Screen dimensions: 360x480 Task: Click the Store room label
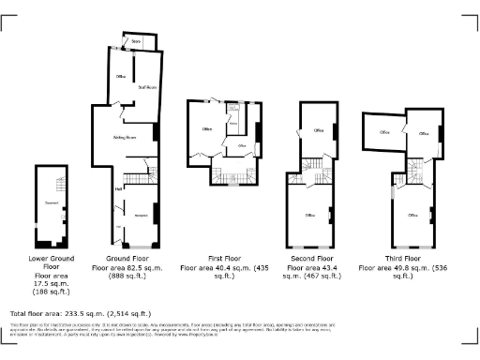click(x=135, y=41)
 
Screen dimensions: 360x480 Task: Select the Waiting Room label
click(x=126, y=138)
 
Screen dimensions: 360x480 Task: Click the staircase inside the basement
click(x=55, y=184)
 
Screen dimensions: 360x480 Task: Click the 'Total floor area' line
click(x=81, y=312)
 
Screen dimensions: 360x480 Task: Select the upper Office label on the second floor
click(x=319, y=130)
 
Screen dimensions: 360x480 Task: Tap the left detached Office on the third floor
click(x=384, y=133)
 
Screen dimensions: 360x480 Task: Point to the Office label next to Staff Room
click(x=120, y=75)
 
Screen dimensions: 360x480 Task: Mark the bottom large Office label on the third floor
click(x=412, y=215)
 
